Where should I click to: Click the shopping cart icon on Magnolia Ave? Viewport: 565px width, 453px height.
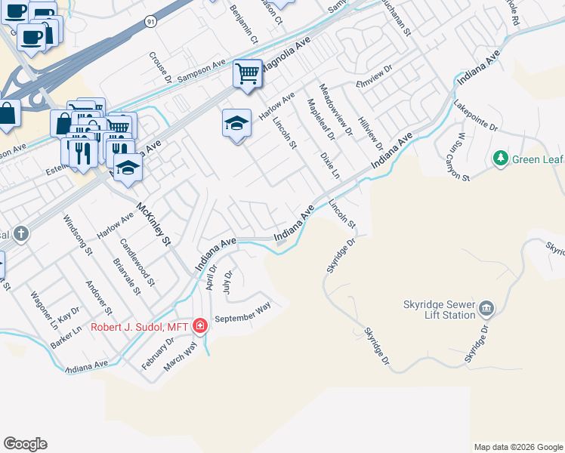[x=247, y=74]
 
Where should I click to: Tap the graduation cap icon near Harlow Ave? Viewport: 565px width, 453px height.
[x=236, y=122]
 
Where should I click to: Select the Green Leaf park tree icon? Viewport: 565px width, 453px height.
[x=499, y=159]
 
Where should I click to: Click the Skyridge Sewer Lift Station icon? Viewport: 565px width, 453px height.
[x=486, y=308]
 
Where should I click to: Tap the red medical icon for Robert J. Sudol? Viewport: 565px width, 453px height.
[x=200, y=326]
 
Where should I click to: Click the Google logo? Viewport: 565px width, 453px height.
[x=25, y=444]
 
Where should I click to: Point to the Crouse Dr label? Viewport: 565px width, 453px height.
[x=160, y=66]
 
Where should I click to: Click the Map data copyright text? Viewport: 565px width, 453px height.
[x=518, y=447]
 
